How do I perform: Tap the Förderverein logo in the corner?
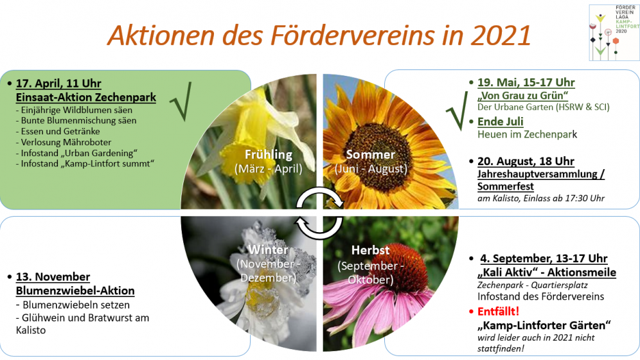coord(614,33)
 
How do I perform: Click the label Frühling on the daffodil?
coord(269,155)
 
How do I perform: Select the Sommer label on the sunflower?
coord(371,154)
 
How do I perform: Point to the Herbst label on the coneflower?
coord(371,250)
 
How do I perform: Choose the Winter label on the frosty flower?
coord(269,249)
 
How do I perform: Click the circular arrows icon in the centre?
coord(319,213)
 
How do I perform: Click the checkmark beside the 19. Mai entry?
coord(457,111)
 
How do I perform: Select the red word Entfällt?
coord(499,311)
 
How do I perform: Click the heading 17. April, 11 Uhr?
coord(58,84)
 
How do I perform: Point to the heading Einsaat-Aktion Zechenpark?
coord(85,97)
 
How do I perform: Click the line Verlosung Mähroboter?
coord(64,142)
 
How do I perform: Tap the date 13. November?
coord(53,276)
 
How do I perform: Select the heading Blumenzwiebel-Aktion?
coord(75,291)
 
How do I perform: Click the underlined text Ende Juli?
coord(501,122)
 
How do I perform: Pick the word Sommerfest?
coord(506,186)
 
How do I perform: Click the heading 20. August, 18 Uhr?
coord(526,161)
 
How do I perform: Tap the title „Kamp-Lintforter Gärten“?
coord(544,325)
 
